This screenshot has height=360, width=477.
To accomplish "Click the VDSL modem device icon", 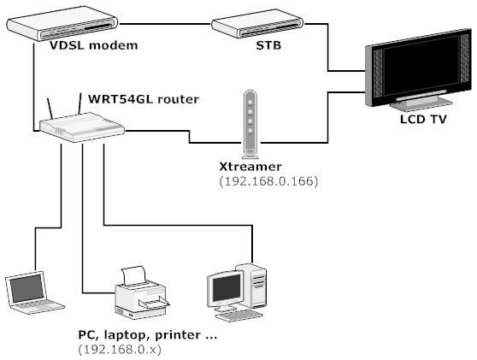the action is click(62, 27).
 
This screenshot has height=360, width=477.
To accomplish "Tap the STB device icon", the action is click(257, 24).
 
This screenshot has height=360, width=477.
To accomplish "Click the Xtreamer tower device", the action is click(250, 124).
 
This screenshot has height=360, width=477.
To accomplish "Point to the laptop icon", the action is click(32, 292).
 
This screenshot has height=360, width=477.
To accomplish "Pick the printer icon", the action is click(141, 292).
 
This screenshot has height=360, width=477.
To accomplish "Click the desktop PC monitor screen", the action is click(227, 288).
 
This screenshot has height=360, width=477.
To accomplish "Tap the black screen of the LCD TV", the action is click(421, 66).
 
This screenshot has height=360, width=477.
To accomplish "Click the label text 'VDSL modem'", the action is click(94, 45).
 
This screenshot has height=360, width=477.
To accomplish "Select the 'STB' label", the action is click(268, 45).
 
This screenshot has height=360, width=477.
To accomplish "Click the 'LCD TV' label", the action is click(423, 119).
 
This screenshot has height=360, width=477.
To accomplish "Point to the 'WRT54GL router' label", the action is click(144, 99).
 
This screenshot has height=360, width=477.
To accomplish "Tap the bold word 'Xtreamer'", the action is click(250, 167).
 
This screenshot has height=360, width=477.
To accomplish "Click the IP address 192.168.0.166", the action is click(268, 181).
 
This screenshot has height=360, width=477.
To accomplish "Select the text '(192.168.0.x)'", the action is click(120, 350).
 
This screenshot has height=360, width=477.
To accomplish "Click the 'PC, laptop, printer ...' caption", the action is click(148, 335).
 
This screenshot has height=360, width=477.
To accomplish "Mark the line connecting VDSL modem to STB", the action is click(165, 24).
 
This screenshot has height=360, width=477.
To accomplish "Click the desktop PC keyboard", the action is click(238, 316).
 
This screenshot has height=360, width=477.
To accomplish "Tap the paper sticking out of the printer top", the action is click(134, 274).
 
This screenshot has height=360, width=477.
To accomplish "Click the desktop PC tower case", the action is click(252, 286).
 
